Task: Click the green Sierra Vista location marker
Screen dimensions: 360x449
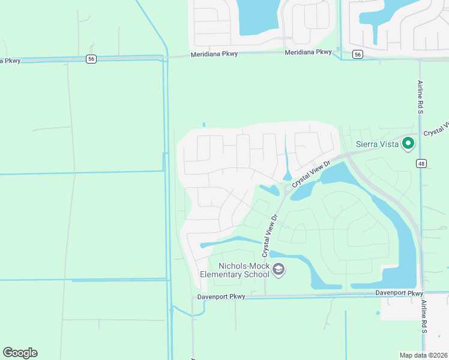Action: [x=408, y=143]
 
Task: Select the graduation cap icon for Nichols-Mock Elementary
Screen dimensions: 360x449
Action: [x=278, y=270]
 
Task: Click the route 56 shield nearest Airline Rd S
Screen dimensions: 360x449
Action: [x=358, y=54]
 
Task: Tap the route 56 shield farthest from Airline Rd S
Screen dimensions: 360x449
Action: [x=91, y=59]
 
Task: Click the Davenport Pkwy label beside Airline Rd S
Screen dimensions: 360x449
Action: [x=399, y=293]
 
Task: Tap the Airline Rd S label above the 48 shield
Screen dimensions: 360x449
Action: [x=421, y=97]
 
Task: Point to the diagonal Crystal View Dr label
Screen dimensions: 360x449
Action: [x=311, y=173]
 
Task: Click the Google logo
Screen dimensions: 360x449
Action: [x=20, y=353]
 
